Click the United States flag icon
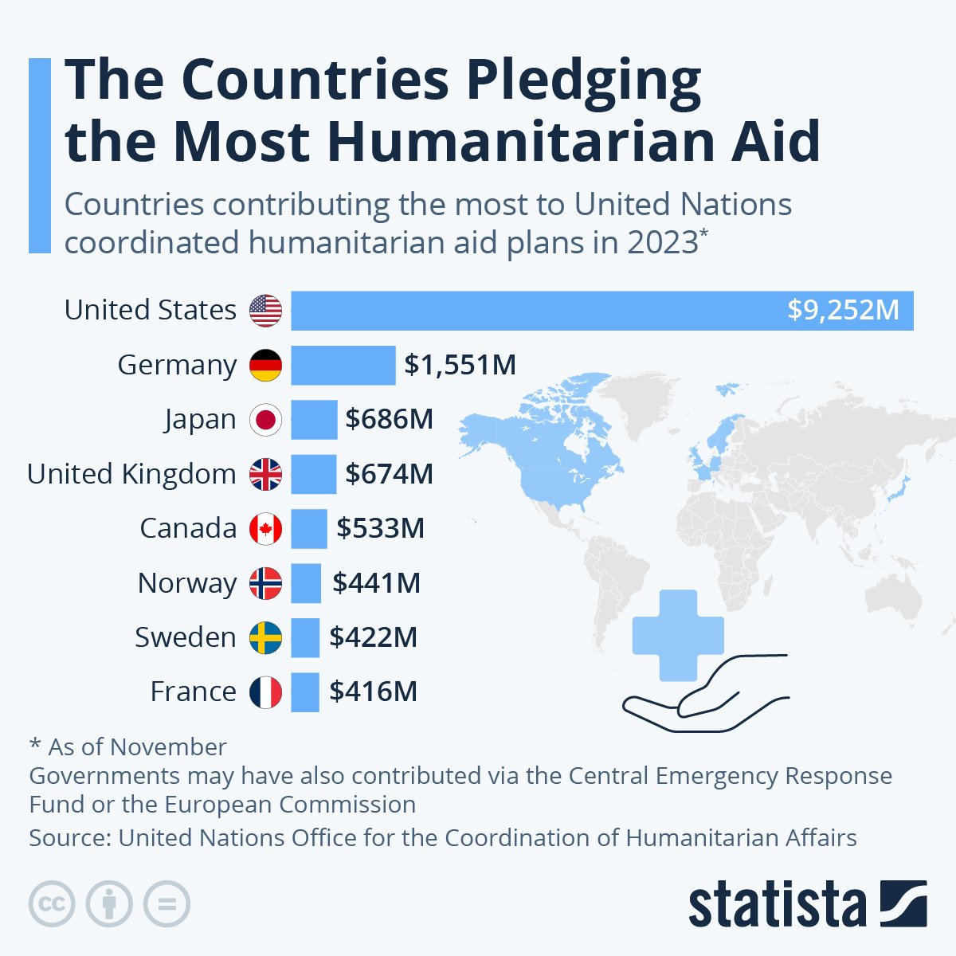point(265,310)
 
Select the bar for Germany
point(343,365)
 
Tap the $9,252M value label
point(843,310)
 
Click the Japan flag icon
point(265,420)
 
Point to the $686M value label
point(389,419)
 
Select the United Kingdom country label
point(131,474)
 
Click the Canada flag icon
point(265,529)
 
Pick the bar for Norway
point(306,583)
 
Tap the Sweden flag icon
point(265,638)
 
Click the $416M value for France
point(373,692)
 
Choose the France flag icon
point(265,692)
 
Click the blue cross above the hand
point(677,635)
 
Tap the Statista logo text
point(777,905)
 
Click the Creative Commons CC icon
point(52,904)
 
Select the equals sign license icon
point(167,904)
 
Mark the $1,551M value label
point(460,365)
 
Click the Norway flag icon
point(265,583)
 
